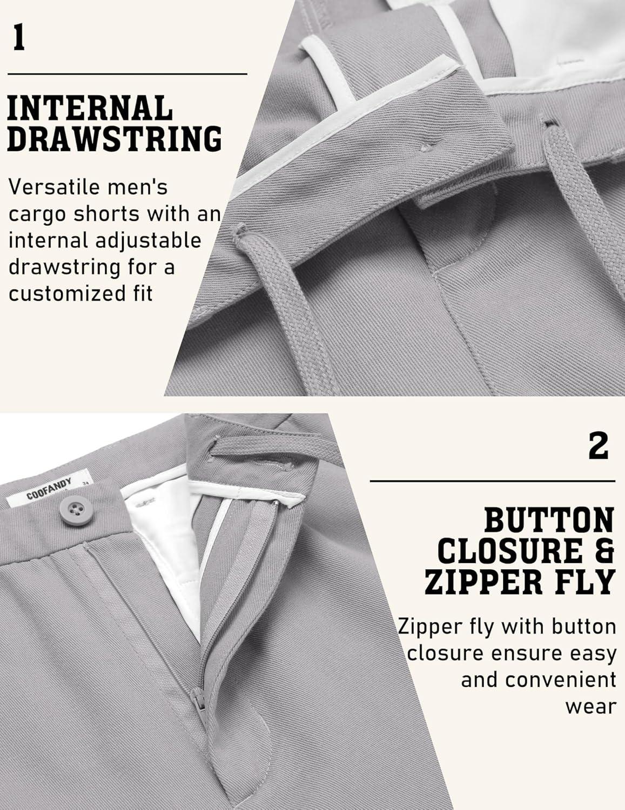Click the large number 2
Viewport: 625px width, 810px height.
click(598, 446)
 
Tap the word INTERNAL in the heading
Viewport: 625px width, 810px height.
click(90, 107)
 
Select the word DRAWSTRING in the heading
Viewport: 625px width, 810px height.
click(115, 139)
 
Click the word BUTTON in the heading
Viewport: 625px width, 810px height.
click(549, 520)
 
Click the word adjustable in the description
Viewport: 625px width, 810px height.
click(148, 240)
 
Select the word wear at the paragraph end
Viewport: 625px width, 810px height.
click(590, 707)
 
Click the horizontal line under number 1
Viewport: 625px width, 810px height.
click(127, 74)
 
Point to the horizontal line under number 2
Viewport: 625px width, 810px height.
click(492, 481)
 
